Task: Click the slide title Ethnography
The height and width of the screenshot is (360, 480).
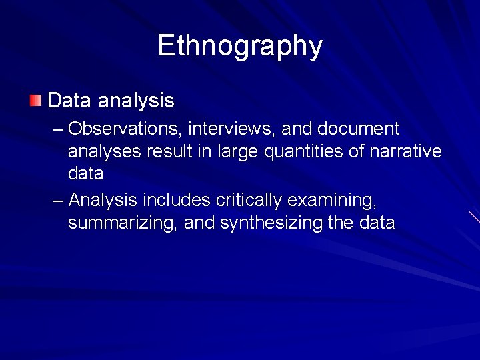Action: tap(240, 46)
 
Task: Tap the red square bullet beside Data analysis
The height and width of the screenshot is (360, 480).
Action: tap(35, 101)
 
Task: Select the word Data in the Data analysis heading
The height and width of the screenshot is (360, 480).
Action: tap(70, 101)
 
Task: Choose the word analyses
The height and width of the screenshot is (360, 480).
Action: tap(104, 152)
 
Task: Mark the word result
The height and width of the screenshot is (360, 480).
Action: tap(171, 151)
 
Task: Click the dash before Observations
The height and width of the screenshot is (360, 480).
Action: tap(58, 129)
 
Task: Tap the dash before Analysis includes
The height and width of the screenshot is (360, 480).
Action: tap(58, 200)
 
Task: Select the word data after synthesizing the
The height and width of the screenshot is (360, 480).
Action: tap(376, 223)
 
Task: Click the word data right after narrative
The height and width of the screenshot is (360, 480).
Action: tap(85, 174)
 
